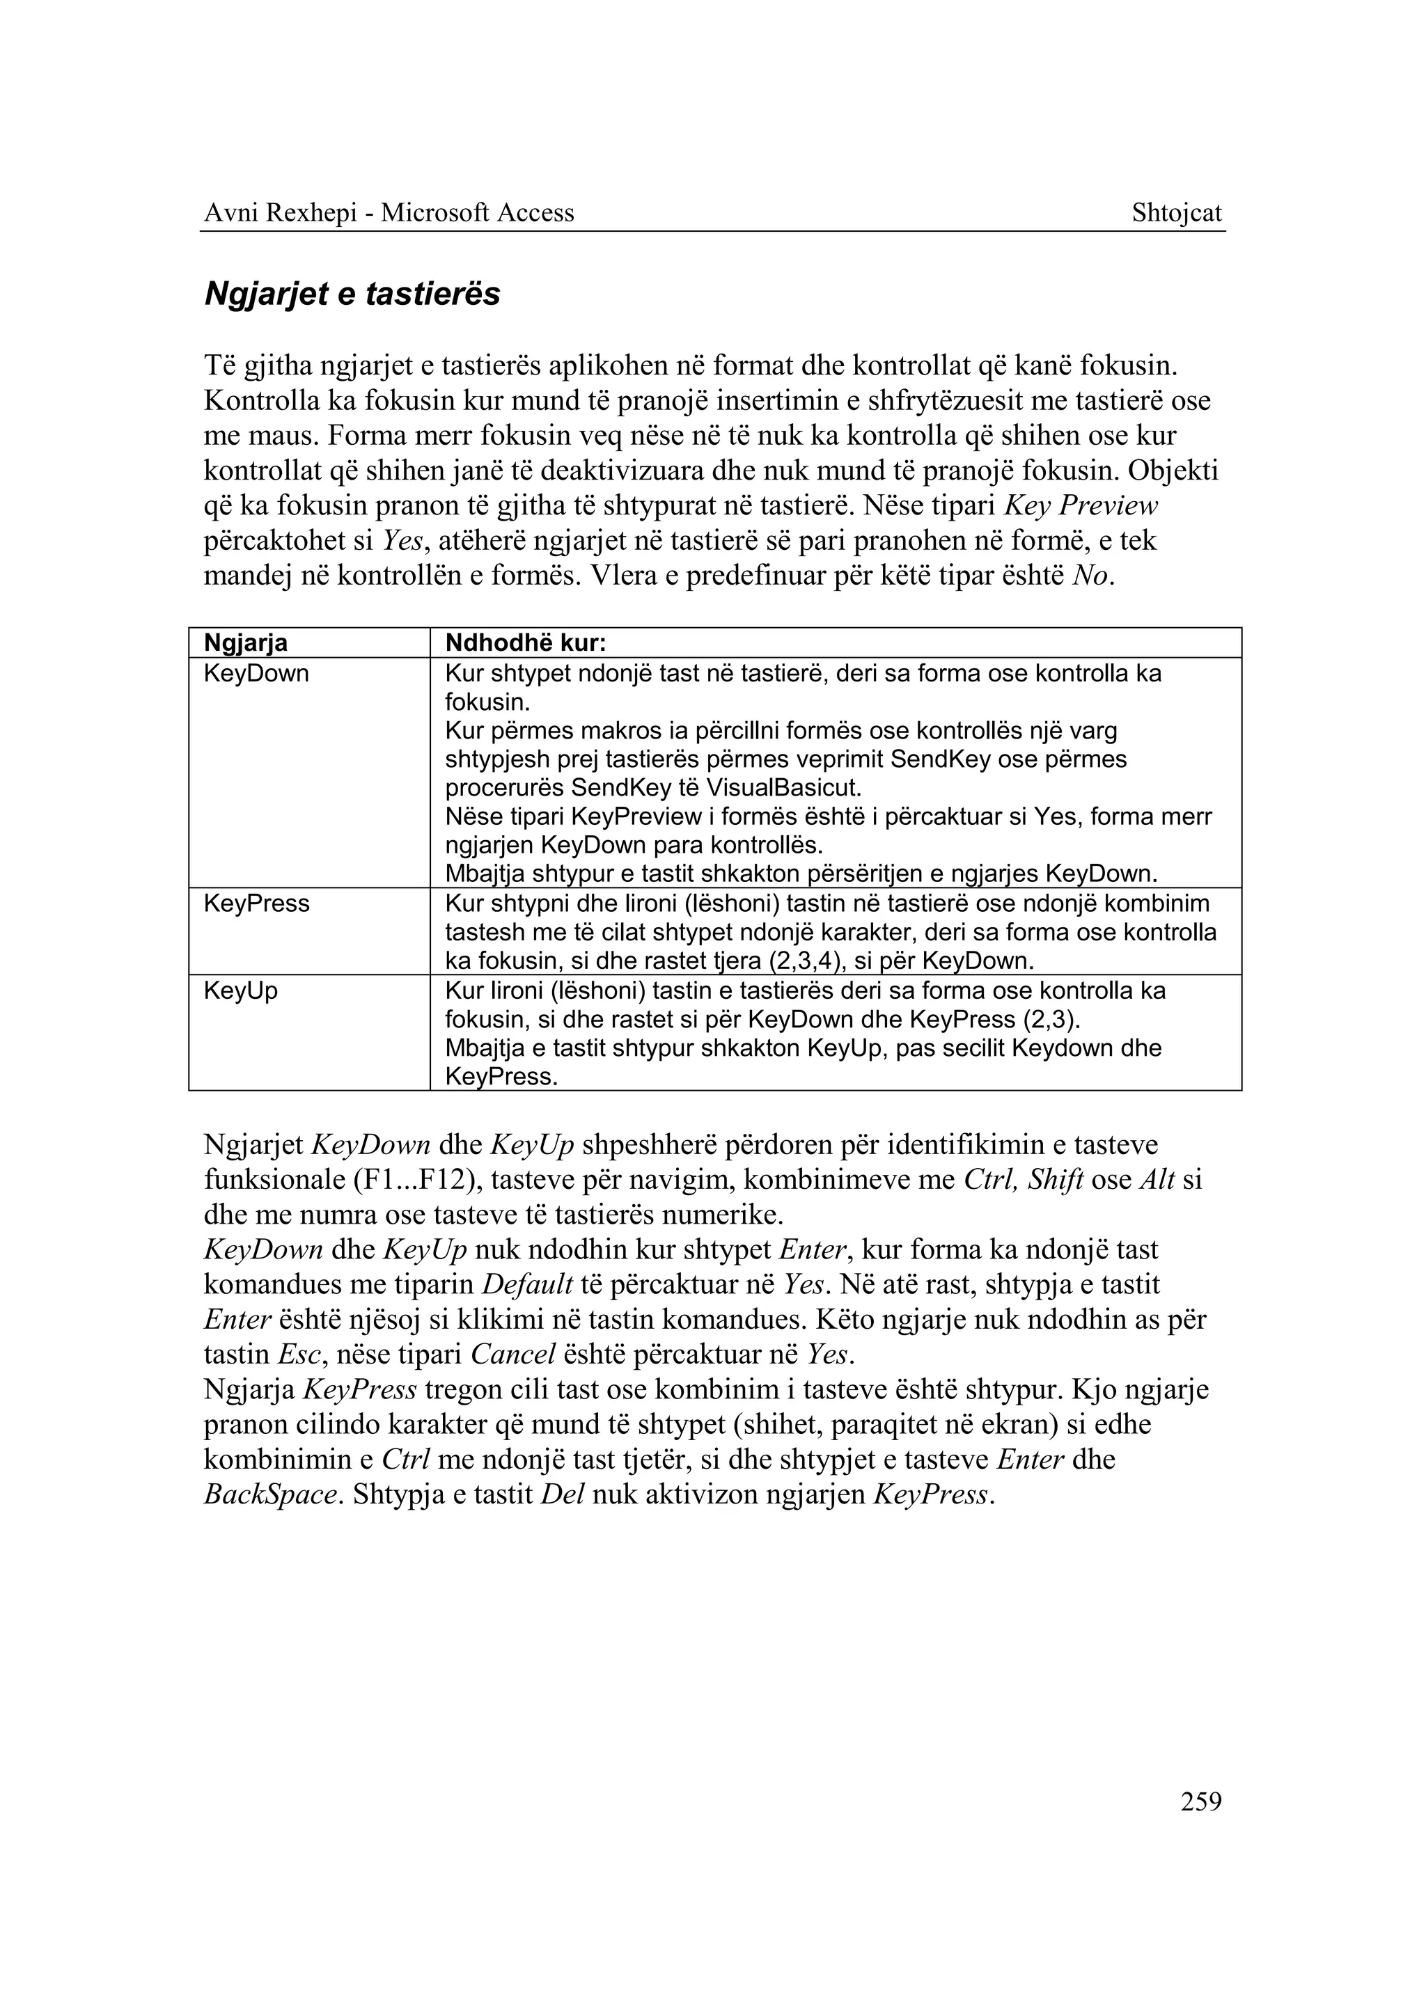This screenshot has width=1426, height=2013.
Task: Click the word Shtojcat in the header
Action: [x=1176, y=213]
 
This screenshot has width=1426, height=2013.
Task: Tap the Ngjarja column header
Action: [x=246, y=643]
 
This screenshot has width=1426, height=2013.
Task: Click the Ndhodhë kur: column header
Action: [x=526, y=643]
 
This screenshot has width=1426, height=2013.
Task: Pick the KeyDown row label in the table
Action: [x=256, y=674]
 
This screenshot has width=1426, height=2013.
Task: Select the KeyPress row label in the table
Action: [x=256, y=904]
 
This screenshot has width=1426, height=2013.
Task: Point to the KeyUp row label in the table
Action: [x=241, y=991]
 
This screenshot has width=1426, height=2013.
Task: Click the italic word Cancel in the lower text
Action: [x=512, y=1355]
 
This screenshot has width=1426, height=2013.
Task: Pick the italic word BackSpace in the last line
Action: [x=270, y=1495]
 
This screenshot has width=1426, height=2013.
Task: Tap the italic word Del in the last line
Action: [x=562, y=1495]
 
